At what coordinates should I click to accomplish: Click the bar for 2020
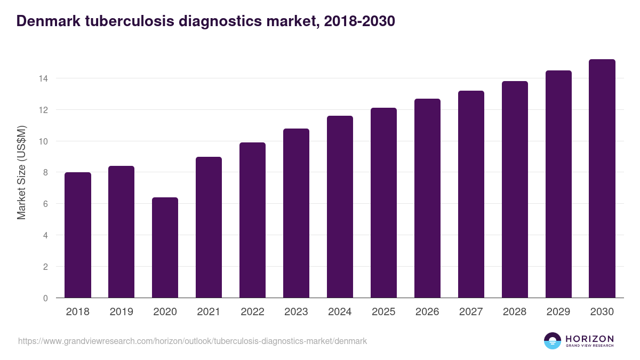pyautogui.click(x=165, y=247)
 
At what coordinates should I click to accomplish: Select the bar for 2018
pyautogui.click(x=77, y=235)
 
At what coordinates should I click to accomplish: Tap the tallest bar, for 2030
pyautogui.click(x=602, y=179)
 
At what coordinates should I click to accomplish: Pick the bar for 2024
pyautogui.click(x=340, y=207)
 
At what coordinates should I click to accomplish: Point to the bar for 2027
pyautogui.click(x=471, y=194)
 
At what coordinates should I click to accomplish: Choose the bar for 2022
pyautogui.click(x=252, y=220)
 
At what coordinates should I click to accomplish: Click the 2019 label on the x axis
pyautogui.click(x=121, y=312)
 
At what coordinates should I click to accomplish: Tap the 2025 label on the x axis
pyautogui.click(x=383, y=312)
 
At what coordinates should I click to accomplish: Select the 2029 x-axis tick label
pyautogui.click(x=558, y=312)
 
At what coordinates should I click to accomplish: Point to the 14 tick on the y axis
pyautogui.click(x=43, y=78)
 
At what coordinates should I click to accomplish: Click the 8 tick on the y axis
pyautogui.click(x=45, y=173)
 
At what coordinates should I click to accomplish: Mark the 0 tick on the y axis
pyautogui.click(x=45, y=298)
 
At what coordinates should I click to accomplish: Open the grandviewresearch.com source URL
pyautogui.click(x=193, y=341)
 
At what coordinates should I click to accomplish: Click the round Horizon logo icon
pyautogui.click(x=553, y=341)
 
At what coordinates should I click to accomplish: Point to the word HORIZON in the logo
pyautogui.click(x=589, y=339)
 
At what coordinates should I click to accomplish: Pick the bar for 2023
pyautogui.click(x=296, y=213)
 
